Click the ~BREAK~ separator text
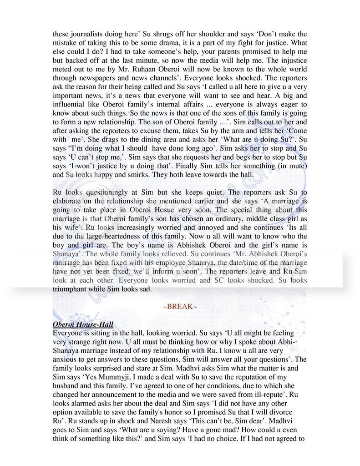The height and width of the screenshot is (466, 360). point(180,307)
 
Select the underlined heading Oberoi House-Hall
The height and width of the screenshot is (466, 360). point(83,324)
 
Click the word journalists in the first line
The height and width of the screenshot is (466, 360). point(83,33)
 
